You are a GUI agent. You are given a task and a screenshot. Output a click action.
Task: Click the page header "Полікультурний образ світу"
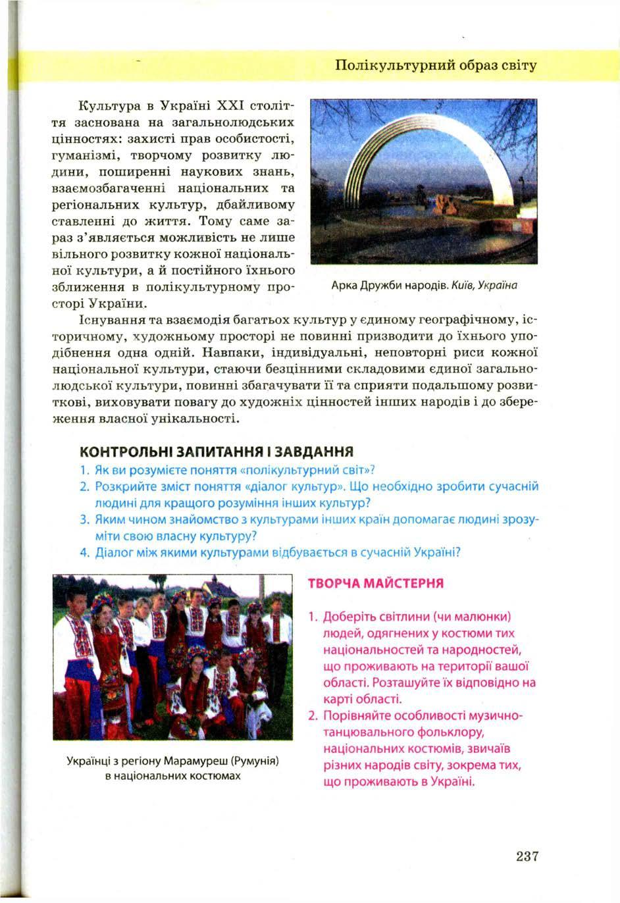436,66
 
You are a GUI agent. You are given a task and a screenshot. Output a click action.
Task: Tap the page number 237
527,856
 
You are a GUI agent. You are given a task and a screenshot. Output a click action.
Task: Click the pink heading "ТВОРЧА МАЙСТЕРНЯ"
376,583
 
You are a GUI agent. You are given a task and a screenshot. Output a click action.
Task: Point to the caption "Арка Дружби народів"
387,286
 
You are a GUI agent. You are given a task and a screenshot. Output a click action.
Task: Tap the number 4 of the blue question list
84,553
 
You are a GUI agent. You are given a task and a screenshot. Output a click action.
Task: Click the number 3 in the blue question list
84,520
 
